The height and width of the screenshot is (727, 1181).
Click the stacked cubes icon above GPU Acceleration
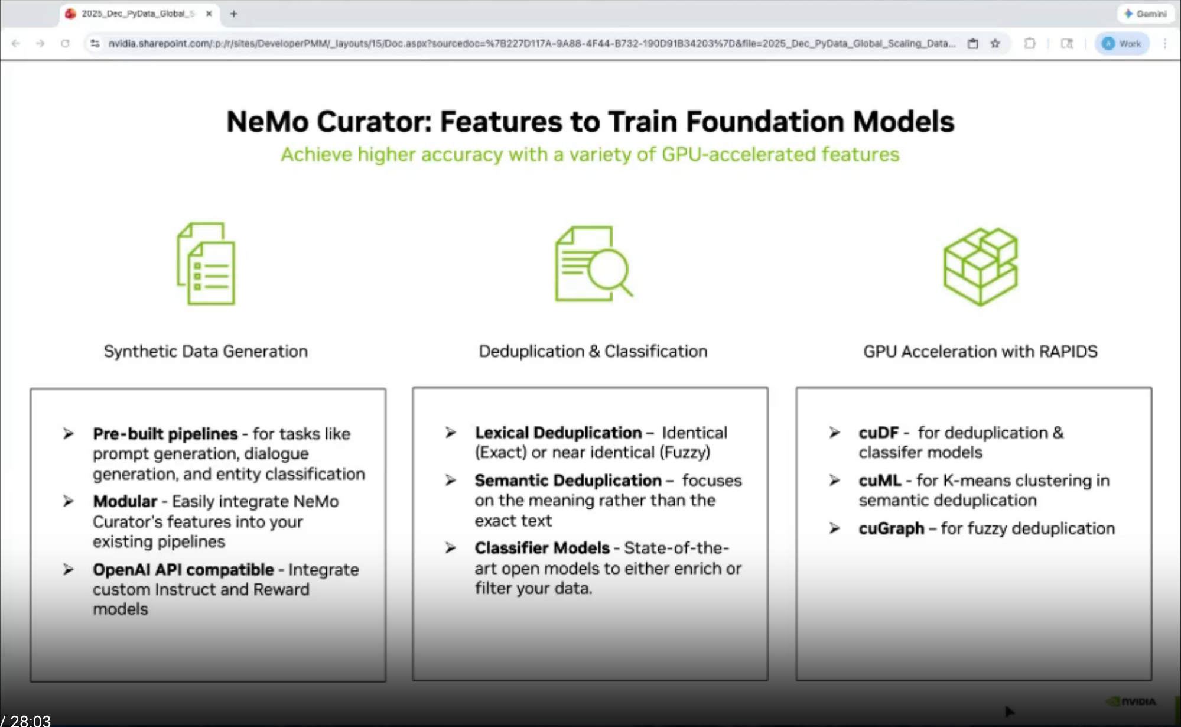pyautogui.click(x=981, y=267)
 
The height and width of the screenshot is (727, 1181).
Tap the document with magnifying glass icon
pyautogui.click(x=593, y=264)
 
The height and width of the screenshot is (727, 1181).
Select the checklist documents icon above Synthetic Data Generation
pyautogui.click(x=206, y=264)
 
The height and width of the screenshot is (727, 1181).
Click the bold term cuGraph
pyautogui.click(x=891, y=528)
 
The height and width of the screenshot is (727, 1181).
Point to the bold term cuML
pyautogui.click(x=880, y=481)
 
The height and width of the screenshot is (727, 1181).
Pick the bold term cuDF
pyautogui.click(x=879, y=433)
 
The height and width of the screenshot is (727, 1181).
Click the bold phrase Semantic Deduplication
pyautogui.click(x=568, y=481)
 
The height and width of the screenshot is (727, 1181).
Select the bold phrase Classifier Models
pyautogui.click(x=542, y=548)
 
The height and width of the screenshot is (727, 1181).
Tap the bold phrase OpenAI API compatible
pyautogui.click(x=183, y=570)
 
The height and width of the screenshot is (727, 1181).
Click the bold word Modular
pyautogui.click(x=125, y=501)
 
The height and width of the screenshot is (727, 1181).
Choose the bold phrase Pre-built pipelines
pyautogui.click(x=165, y=434)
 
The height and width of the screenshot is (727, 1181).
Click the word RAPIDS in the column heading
pyautogui.click(x=1068, y=351)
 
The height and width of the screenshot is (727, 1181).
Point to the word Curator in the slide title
pyautogui.click(x=371, y=122)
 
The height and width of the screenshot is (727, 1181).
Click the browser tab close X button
pyautogui.click(x=209, y=13)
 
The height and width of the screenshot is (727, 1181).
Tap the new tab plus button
pyautogui.click(x=233, y=13)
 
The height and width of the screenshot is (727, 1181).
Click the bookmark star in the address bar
pyautogui.click(x=995, y=43)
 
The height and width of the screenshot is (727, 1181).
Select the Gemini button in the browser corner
pyautogui.click(x=1145, y=13)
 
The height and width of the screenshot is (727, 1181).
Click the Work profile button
pyautogui.click(x=1121, y=43)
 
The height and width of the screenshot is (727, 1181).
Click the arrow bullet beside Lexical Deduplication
pyautogui.click(x=450, y=433)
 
